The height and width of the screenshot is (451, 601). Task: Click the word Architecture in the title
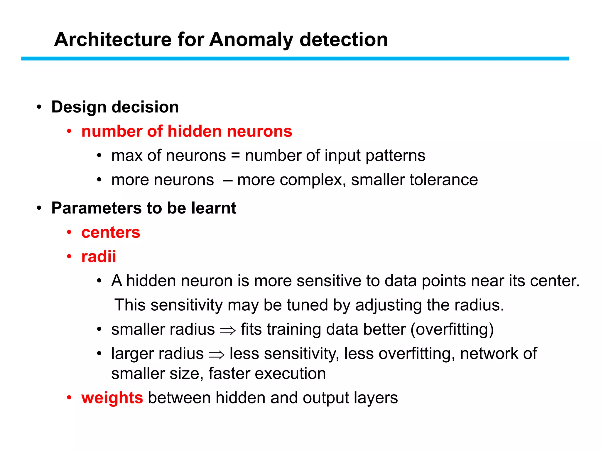coord(113,40)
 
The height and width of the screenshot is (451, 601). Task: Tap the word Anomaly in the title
coord(251,40)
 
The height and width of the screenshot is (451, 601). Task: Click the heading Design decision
coord(115,107)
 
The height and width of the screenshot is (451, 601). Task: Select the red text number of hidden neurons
coord(187,131)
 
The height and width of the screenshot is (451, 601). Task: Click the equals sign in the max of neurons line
coord(235,156)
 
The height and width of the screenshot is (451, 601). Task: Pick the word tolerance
coord(444,180)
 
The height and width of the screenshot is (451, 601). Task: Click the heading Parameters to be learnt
coord(144,208)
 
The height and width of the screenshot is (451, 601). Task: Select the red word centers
coord(111,233)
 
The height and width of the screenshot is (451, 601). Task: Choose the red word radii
coord(99,257)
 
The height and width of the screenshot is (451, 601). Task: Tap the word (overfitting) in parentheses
coord(452,329)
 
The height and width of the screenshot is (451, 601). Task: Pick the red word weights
coord(112,398)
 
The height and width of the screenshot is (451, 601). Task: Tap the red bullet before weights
coord(69,398)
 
